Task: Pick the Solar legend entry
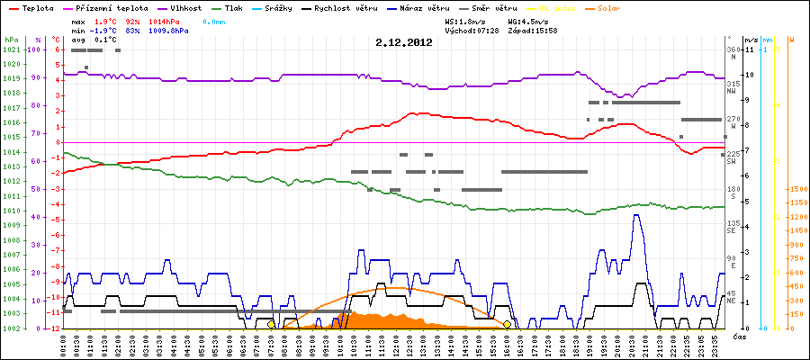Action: click(x=609, y=7)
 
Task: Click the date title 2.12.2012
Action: click(x=404, y=41)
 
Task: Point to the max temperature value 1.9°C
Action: click(x=107, y=20)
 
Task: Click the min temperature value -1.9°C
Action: click(x=105, y=30)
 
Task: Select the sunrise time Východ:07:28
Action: click(x=472, y=30)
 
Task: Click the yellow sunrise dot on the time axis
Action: click(x=271, y=324)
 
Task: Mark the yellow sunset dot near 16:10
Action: click(x=508, y=324)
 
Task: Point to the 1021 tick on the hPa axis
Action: click(x=12, y=49)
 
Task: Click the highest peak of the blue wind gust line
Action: click(x=637, y=215)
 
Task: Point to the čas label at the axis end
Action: click(x=738, y=337)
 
